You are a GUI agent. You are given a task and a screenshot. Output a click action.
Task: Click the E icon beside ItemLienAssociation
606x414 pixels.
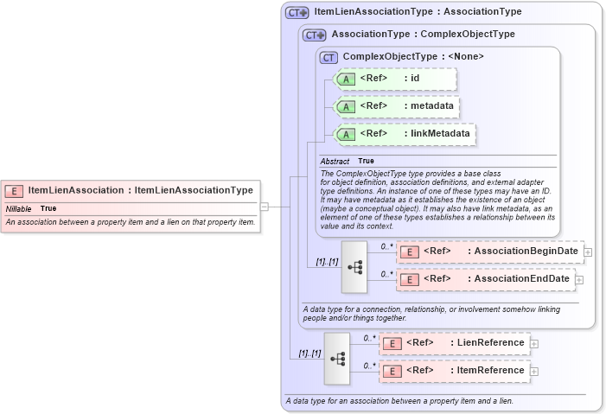[14, 190]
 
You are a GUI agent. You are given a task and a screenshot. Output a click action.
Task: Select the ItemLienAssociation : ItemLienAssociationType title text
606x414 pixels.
[140, 190]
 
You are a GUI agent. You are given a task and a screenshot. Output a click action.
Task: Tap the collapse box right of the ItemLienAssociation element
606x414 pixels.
[265, 207]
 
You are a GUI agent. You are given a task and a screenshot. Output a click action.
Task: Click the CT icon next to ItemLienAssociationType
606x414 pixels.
[297, 13]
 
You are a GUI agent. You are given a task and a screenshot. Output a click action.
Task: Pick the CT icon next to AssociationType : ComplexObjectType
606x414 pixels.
[315, 35]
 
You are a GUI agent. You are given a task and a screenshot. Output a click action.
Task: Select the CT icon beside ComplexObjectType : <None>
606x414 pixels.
[329, 57]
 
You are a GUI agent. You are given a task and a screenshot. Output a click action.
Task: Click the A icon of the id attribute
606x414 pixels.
[346, 80]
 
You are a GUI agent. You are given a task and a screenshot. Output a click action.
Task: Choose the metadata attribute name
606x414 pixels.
[427, 106]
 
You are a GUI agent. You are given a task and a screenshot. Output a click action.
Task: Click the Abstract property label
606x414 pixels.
[335, 162]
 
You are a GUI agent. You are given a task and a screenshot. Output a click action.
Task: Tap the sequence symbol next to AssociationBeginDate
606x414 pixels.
[354, 266]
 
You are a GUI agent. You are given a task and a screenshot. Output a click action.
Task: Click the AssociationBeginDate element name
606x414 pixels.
[526, 252]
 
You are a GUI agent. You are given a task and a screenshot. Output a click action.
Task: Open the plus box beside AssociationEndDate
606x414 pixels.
[579, 280]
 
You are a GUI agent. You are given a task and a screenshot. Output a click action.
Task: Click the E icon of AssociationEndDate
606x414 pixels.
[411, 279]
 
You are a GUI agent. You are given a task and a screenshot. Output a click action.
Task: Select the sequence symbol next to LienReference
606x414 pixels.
[337, 358]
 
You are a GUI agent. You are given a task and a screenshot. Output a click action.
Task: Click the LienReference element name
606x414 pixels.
[490, 343]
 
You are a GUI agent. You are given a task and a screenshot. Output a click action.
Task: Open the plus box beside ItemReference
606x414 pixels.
[534, 372]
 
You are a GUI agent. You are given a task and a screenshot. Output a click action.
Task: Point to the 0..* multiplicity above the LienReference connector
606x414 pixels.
[369, 338]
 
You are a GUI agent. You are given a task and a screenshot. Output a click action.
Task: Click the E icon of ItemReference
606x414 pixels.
[392, 371]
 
